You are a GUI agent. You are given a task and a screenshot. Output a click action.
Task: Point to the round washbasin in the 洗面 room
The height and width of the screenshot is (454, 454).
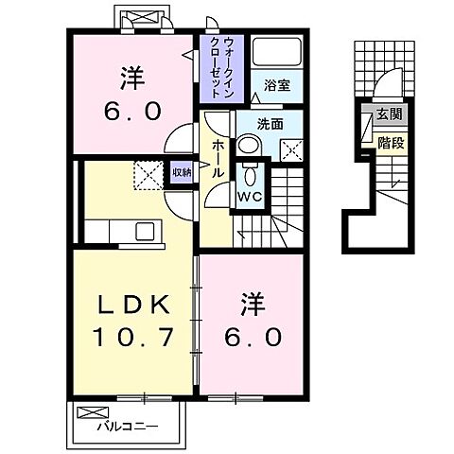click(x=248, y=145)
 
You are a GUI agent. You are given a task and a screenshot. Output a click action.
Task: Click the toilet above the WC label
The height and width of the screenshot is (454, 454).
click(x=249, y=175)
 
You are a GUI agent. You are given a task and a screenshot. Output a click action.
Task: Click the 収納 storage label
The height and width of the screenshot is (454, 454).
click(x=182, y=172)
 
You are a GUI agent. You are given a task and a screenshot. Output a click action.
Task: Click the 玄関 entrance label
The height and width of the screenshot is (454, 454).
click(x=388, y=114)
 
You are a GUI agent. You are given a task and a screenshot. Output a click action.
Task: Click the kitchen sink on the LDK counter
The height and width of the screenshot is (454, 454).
click(x=147, y=232)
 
